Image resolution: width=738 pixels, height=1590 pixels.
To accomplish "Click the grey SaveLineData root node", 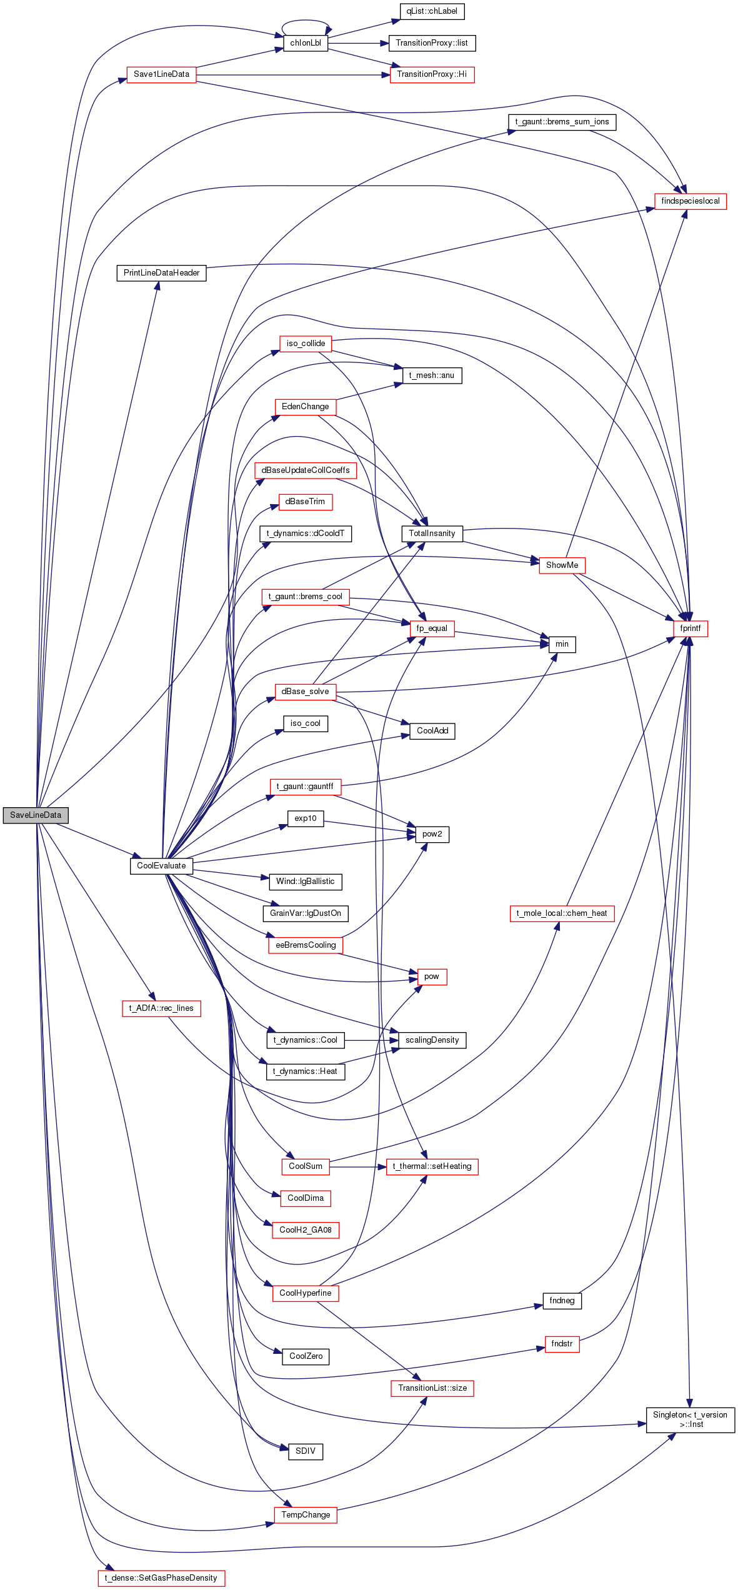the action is tap(36, 815).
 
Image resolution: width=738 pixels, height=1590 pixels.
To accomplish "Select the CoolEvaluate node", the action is tap(161, 866).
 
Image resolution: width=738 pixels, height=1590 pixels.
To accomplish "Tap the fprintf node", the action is tap(691, 629).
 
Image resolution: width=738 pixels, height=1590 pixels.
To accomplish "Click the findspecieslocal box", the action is tap(691, 201).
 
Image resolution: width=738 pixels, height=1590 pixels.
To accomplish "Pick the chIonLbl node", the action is tap(306, 43).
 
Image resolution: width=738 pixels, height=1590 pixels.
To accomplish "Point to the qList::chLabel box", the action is tap(432, 11).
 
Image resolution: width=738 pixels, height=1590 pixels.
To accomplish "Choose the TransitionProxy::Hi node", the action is tap(432, 74).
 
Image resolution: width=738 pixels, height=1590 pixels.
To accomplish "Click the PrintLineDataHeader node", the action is tap(161, 273).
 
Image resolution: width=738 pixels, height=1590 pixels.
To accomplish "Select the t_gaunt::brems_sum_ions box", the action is tap(562, 122).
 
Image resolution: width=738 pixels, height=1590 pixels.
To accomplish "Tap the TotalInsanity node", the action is tap(432, 534).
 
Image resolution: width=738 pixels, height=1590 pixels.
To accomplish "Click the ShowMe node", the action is tap(562, 565).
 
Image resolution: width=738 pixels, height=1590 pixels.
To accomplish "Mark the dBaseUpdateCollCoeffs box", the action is tap(306, 470).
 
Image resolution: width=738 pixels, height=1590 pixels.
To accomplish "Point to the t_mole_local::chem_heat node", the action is tap(562, 913).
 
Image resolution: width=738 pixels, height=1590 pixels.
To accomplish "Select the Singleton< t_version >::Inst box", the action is tap(691, 1419).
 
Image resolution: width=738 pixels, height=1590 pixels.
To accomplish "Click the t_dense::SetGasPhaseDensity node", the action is tap(161, 1578).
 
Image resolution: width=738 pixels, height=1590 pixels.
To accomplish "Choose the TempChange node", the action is tap(306, 1515).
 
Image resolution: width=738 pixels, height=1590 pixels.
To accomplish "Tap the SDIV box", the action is tap(306, 1451).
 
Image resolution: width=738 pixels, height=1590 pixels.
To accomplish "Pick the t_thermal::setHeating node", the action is tap(432, 1166).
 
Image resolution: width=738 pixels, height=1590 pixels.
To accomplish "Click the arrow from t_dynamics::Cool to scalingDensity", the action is tap(372, 1040).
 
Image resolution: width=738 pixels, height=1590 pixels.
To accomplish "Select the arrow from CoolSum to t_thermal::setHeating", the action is tap(358, 1166).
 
